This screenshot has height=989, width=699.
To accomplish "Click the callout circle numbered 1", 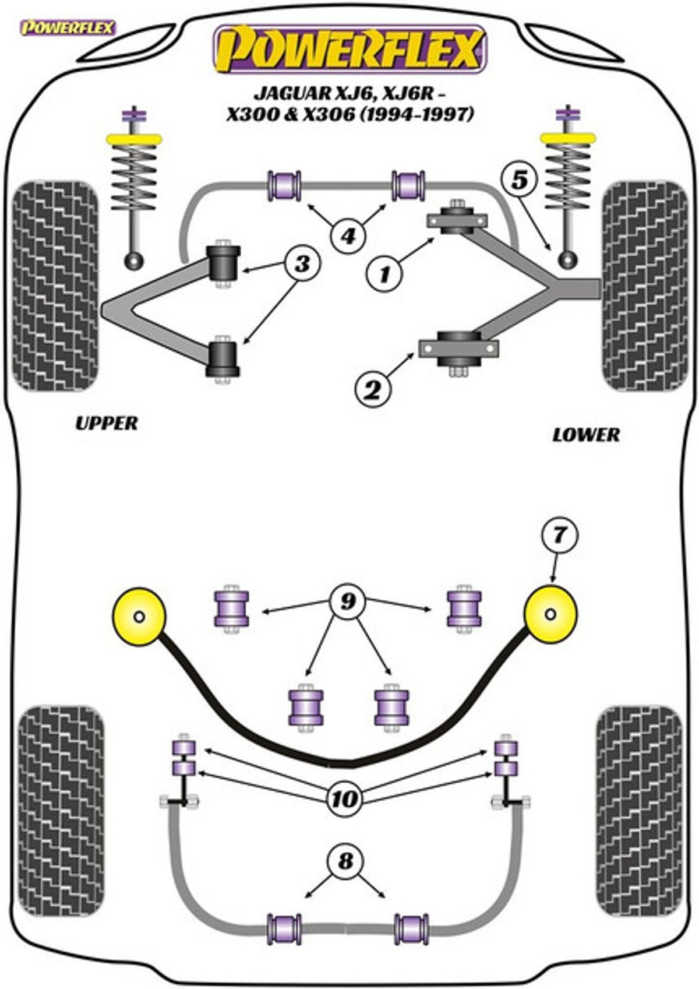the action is [384, 274].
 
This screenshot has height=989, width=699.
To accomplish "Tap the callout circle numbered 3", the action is [303, 263].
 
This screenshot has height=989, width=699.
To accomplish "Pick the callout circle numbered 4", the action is [348, 236].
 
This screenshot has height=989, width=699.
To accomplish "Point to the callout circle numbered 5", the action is [520, 180].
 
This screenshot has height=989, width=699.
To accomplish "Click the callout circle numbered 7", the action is [558, 536].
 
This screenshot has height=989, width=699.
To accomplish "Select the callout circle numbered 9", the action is [348, 600].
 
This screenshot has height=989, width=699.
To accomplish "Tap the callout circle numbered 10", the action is [345, 798].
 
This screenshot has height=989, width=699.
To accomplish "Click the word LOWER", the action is [586, 435].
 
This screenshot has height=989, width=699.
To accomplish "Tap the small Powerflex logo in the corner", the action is [68, 28].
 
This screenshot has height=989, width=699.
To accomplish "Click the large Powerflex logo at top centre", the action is [351, 49].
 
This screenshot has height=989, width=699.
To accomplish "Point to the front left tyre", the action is [55, 286].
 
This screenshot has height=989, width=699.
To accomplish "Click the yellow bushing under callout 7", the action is [550, 614].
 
